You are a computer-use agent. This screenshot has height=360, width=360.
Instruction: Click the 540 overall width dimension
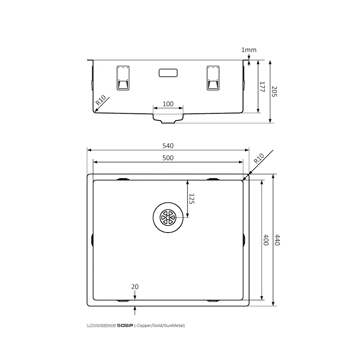(168, 146)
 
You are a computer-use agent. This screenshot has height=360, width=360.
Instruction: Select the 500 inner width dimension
(168, 158)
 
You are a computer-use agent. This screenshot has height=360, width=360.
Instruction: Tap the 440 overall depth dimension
(277, 240)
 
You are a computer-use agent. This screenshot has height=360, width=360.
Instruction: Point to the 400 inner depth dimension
(266, 240)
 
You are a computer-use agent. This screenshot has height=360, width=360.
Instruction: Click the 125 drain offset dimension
(191, 199)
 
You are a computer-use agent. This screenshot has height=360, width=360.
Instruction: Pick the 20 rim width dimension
(135, 287)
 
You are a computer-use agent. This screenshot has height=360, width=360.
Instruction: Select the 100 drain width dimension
(168, 104)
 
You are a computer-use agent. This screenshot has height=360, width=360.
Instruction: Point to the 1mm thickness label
(249, 50)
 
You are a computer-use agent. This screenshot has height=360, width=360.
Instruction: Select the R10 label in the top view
(258, 158)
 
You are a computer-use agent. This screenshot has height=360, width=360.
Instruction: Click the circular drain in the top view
(168, 218)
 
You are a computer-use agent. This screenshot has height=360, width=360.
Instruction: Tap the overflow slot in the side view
(168, 72)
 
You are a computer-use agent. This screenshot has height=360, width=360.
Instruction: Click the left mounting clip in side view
(123, 78)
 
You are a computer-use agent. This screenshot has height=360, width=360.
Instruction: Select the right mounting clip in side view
(213, 78)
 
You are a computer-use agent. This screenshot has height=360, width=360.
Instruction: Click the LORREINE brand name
(101, 326)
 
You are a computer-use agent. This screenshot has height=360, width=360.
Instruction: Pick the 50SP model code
(125, 326)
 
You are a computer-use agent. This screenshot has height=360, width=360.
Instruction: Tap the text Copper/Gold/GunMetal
(160, 326)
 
